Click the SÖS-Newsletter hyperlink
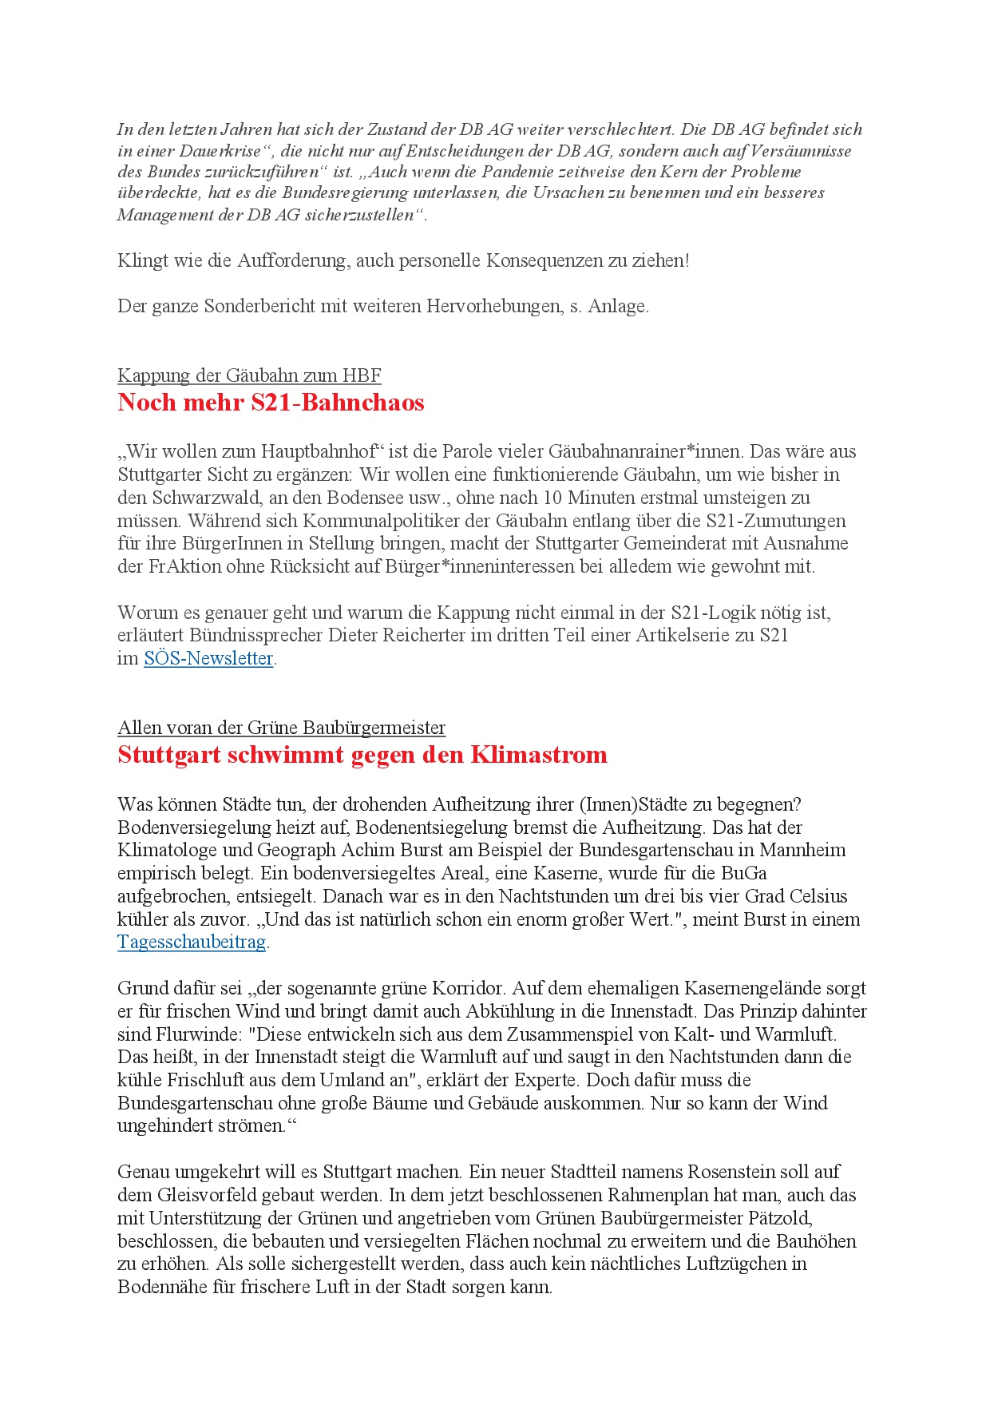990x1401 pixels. pos(208,658)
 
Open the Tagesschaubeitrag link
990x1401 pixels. pos(192,942)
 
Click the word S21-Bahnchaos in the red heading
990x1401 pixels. pos(338,402)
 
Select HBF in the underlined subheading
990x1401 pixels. pos(362,375)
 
